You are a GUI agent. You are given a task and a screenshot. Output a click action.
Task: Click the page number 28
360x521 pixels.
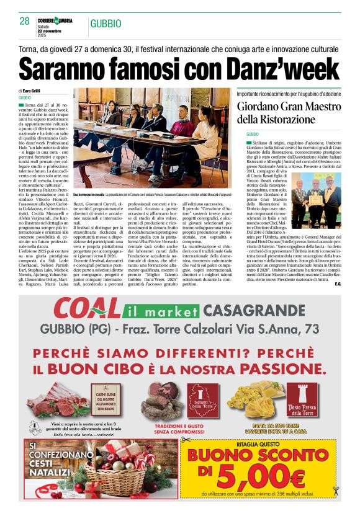[x=25, y=21]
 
